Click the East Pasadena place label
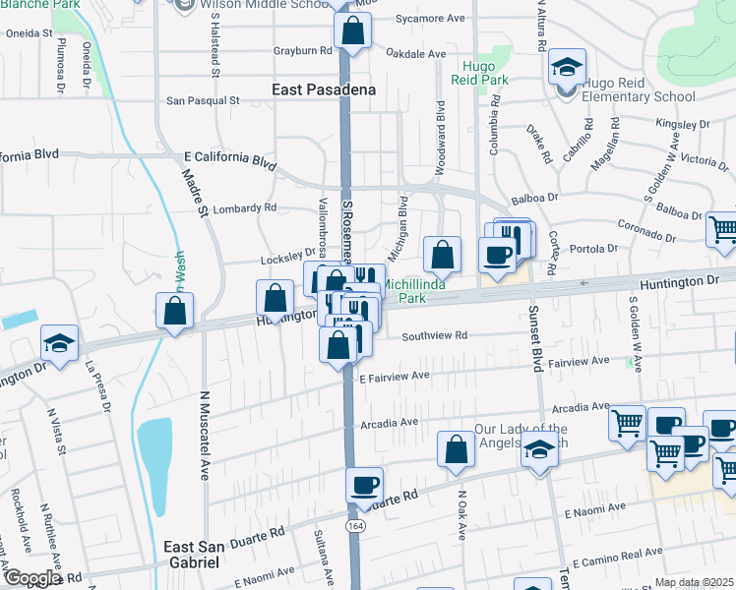point(324,89)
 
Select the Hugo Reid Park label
point(485,75)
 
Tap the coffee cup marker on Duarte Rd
point(365,485)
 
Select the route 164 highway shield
point(352,526)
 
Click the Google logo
point(31,578)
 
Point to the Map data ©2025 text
point(694,582)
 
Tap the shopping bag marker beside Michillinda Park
point(443,255)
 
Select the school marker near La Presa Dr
point(59,344)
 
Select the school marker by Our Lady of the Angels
point(538,451)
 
